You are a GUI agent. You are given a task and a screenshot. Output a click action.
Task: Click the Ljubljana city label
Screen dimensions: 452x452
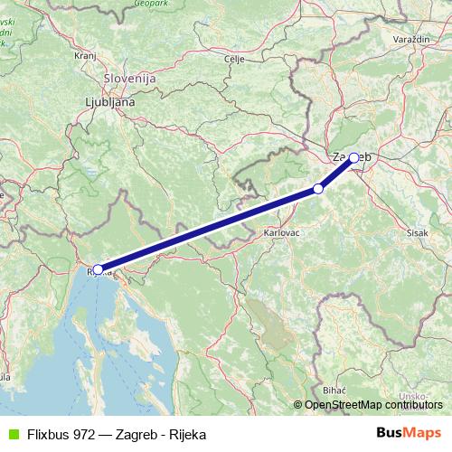click(109, 102)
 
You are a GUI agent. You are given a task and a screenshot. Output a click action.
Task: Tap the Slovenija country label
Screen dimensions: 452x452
click(130, 79)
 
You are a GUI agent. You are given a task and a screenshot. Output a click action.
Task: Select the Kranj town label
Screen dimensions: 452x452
click(85, 55)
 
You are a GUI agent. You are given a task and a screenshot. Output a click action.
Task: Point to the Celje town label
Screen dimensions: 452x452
click(234, 59)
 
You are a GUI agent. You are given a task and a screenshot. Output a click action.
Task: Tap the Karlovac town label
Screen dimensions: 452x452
click(281, 232)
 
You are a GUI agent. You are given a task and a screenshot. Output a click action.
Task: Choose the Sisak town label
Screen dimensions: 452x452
click(418, 232)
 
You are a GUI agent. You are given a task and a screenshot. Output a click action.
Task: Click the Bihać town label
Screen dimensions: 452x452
click(334, 387)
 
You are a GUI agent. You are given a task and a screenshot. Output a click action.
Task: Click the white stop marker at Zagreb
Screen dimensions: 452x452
click(353, 157)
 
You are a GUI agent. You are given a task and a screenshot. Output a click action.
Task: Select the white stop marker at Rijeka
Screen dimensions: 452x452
click(98, 269)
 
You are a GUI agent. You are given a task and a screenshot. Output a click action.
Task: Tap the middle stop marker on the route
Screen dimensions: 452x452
click(317, 188)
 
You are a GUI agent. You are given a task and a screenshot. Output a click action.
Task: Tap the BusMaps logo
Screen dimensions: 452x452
click(409, 433)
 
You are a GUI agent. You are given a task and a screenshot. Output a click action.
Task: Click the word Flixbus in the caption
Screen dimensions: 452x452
click(51, 434)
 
